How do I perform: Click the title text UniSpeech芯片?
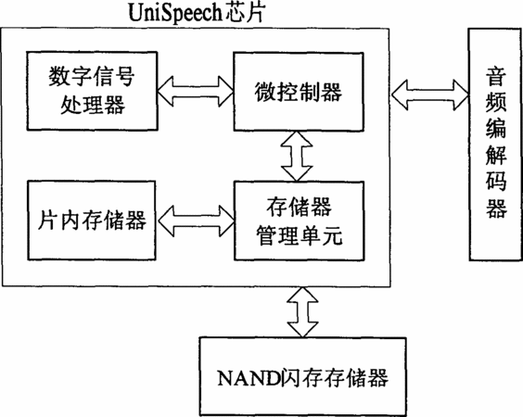pyautogui.click(x=197, y=13)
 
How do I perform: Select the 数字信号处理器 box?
pyautogui.click(x=92, y=91)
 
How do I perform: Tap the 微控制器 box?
pyautogui.click(x=299, y=92)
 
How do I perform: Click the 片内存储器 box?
pyautogui.click(x=92, y=221)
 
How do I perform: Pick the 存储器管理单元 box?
pyautogui.click(x=300, y=221)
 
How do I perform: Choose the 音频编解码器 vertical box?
pyautogui.click(x=495, y=145)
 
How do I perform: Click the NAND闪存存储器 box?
pyautogui.click(x=303, y=376)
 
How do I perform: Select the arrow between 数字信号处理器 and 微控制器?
pyautogui.click(x=196, y=92)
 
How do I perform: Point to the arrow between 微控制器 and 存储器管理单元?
pyautogui.click(x=297, y=157)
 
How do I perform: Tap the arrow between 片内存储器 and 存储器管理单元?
pyautogui.click(x=197, y=221)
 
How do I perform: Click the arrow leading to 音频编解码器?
pyautogui.click(x=430, y=95)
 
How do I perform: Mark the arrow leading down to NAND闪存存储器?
pyautogui.click(x=302, y=312)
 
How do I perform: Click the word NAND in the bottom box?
pyautogui.click(x=249, y=377)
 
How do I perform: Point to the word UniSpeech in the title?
pyautogui.click(x=174, y=13)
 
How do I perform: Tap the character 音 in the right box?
pyautogui.click(x=496, y=77)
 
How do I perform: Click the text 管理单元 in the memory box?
pyautogui.click(x=300, y=235)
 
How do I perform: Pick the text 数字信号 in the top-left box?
pyautogui.click(x=92, y=76)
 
